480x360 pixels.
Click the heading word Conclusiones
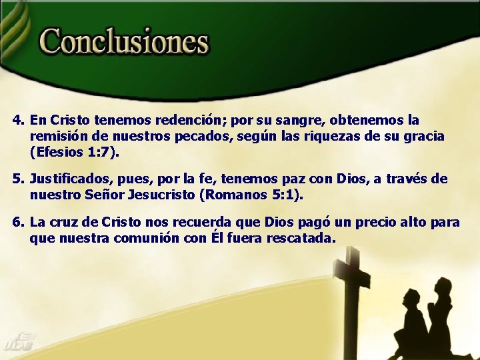pyautogui.click(x=125, y=42)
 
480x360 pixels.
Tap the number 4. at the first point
pyautogui.click(x=18, y=121)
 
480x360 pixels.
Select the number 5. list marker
pyautogui.click(x=18, y=179)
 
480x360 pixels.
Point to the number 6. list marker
pyautogui.click(x=18, y=222)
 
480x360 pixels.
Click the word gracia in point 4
pyautogui.click(x=423, y=137)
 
